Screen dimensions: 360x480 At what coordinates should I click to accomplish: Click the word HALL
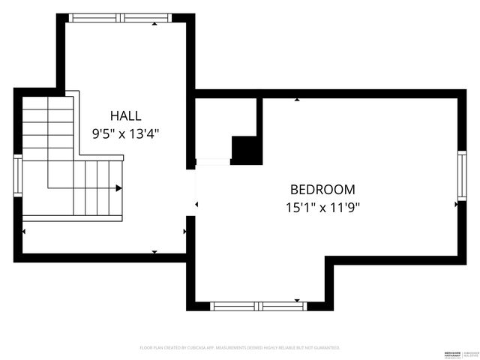[x=125, y=115]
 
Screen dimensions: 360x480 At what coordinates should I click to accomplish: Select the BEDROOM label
[x=322, y=190]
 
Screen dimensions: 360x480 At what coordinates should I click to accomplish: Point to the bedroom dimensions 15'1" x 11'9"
[x=322, y=208]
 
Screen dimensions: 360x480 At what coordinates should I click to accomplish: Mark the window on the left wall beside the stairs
[x=18, y=175]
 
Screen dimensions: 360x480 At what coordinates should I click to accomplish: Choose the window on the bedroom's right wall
[x=461, y=175]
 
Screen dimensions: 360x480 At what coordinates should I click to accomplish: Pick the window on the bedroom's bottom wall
[x=256, y=306]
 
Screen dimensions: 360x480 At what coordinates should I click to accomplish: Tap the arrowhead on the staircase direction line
[x=119, y=188]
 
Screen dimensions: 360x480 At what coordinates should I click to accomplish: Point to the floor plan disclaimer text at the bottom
[x=240, y=348]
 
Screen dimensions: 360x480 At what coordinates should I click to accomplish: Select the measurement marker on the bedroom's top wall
[x=297, y=99]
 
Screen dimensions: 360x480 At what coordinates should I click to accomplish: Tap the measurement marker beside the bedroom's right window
[x=456, y=203]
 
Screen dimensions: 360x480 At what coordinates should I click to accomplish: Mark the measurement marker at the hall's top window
[x=154, y=24]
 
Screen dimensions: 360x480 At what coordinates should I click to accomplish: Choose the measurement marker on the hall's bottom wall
[x=154, y=252]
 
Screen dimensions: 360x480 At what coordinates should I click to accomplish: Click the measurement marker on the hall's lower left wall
[x=24, y=232]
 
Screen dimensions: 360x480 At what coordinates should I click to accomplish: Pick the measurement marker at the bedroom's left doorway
[x=197, y=203]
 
